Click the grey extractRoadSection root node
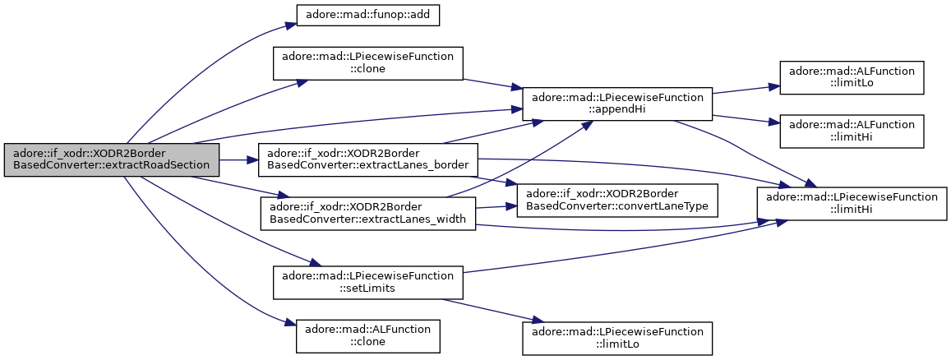click(x=112, y=160)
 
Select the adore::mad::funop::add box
click(x=367, y=15)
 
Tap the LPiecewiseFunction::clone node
click(x=367, y=63)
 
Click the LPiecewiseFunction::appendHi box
click(x=617, y=104)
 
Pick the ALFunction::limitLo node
click(x=852, y=77)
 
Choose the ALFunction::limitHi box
click(x=852, y=131)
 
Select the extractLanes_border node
click(x=367, y=160)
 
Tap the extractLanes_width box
click(x=367, y=214)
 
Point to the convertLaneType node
click(x=617, y=200)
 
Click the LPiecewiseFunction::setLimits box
click(x=367, y=283)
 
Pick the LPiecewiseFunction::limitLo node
click(x=617, y=339)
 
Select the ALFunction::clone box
click(x=367, y=336)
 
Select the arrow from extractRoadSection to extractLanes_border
click(x=239, y=160)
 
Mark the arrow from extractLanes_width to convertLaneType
click(x=496, y=207)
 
